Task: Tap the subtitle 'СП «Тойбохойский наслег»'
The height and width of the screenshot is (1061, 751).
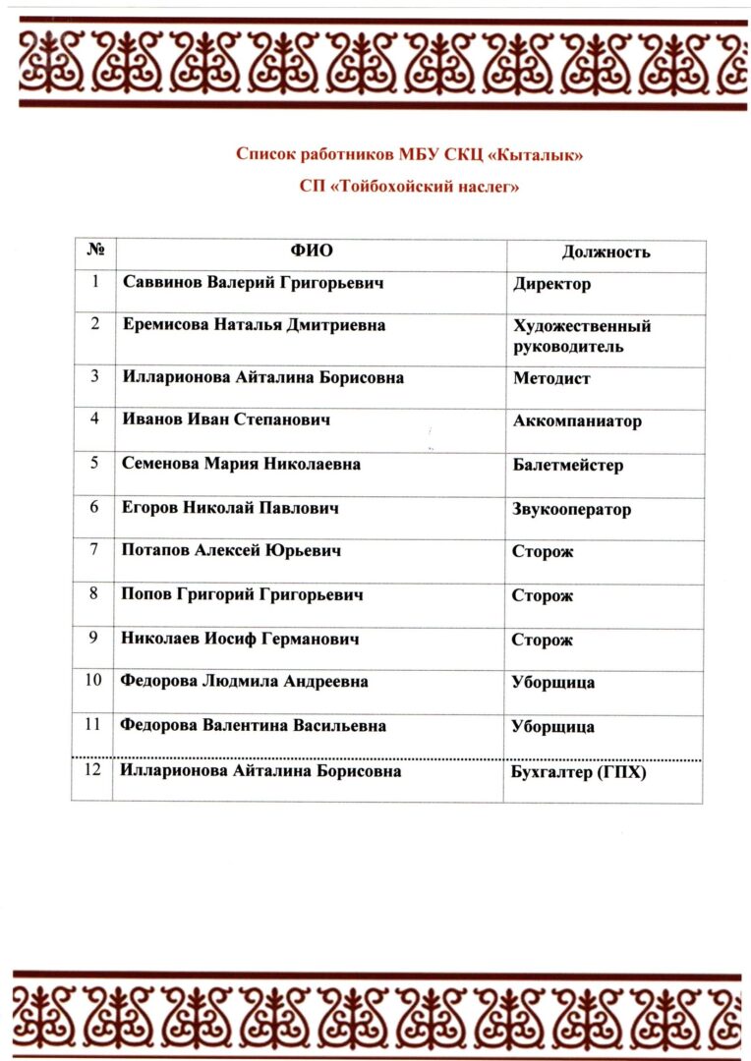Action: [x=410, y=186]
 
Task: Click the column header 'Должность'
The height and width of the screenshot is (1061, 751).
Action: [x=606, y=251]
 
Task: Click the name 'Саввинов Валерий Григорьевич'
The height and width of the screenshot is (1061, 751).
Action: [x=253, y=282]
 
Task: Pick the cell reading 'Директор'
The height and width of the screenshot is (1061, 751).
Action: [x=551, y=284]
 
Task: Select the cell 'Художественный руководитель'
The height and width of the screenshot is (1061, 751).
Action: [x=581, y=336]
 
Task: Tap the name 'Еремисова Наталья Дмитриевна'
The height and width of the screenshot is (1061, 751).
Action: [x=254, y=324]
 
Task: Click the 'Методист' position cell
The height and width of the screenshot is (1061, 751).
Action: [x=551, y=378]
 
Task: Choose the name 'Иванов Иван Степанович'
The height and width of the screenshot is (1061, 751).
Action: [x=225, y=419]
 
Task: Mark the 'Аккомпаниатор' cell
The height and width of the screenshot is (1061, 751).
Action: [x=577, y=421]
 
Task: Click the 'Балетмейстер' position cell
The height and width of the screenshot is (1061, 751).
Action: [x=567, y=465]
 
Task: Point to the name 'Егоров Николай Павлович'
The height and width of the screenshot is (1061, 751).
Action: [x=229, y=508]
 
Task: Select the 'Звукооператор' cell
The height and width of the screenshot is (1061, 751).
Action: [x=571, y=509]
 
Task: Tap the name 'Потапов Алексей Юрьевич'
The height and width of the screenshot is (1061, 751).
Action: [x=231, y=551]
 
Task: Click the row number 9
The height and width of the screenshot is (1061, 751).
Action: [x=94, y=638]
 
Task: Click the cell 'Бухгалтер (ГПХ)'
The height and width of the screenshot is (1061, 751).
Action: [x=578, y=772]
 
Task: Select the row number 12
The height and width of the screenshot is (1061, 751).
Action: [x=93, y=770]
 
